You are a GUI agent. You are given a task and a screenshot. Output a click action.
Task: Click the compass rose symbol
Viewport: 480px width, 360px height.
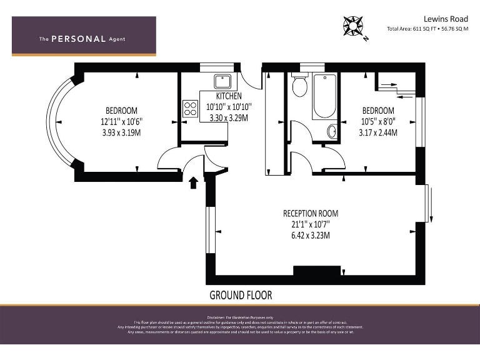click(x=354, y=27)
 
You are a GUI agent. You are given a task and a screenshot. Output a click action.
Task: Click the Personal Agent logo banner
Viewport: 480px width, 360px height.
click(x=84, y=36)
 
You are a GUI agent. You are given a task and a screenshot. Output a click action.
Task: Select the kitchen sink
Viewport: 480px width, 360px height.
click(x=222, y=81)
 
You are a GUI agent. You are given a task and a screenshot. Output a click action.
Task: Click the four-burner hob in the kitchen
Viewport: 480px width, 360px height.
click(x=191, y=109)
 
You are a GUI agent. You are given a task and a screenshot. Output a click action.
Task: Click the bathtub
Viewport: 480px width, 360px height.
click(x=324, y=96)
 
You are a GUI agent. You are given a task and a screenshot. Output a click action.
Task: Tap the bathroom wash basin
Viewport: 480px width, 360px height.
click(x=332, y=131)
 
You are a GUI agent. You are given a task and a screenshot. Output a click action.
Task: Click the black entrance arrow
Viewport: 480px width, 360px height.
click(x=194, y=182)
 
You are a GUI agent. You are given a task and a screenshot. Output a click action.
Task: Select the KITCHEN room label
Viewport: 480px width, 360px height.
click(x=229, y=96)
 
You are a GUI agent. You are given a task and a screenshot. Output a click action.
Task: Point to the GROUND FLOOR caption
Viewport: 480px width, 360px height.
click(x=241, y=295)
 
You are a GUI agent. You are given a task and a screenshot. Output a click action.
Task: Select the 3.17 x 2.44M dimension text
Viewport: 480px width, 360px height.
click(x=378, y=132)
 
